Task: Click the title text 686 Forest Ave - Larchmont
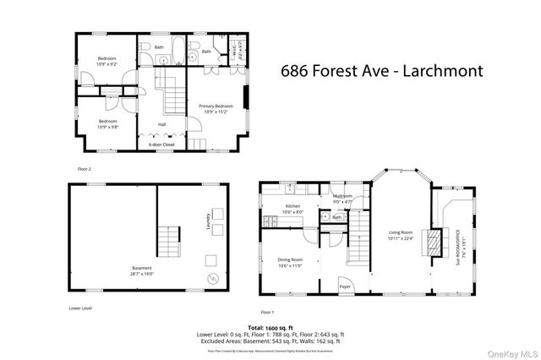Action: point(381,71)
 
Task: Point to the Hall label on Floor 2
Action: point(161,125)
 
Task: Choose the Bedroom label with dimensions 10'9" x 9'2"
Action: point(107,61)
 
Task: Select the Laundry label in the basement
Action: point(205,221)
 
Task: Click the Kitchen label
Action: point(292,209)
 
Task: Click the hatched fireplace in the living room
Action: point(433,243)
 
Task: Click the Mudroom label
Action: point(342,198)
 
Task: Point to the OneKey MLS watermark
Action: point(509,352)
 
